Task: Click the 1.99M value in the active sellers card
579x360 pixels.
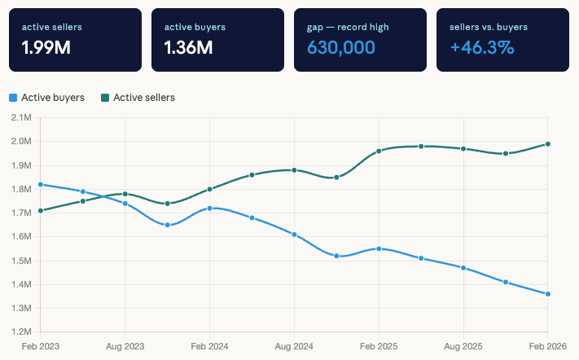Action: pyautogui.click(x=46, y=47)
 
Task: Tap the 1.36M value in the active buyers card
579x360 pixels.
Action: pyautogui.click(x=189, y=47)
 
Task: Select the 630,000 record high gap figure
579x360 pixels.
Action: pyautogui.click(x=341, y=47)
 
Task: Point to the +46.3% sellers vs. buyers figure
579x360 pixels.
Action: pyautogui.click(x=482, y=47)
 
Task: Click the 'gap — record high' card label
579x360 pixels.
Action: pyautogui.click(x=348, y=27)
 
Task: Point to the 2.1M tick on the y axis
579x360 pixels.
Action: pyautogui.click(x=21, y=118)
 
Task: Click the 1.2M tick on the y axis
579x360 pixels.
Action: pyautogui.click(x=21, y=332)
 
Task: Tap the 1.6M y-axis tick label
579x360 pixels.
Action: pyautogui.click(x=21, y=237)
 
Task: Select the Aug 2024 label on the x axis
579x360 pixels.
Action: pyautogui.click(x=294, y=345)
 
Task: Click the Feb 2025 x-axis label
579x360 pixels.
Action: pyautogui.click(x=379, y=345)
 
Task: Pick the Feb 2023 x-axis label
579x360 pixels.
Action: pyautogui.click(x=40, y=345)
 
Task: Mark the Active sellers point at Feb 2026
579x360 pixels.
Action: pyautogui.click(x=548, y=144)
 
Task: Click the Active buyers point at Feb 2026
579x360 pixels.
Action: pyautogui.click(x=548, y=294)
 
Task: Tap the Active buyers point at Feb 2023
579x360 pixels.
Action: pyautogui.click(x=40, y=184)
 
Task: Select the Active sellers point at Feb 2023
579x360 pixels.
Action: pyautogui.click(x=40, y=211)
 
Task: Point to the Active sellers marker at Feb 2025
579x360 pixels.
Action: pyautogui.click(x=379, y=151)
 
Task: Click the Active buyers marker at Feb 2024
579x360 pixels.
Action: pyautogui.click(x=209, y=209)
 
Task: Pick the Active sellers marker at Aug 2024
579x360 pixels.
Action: pyautogui.click(x=294, y=170)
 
